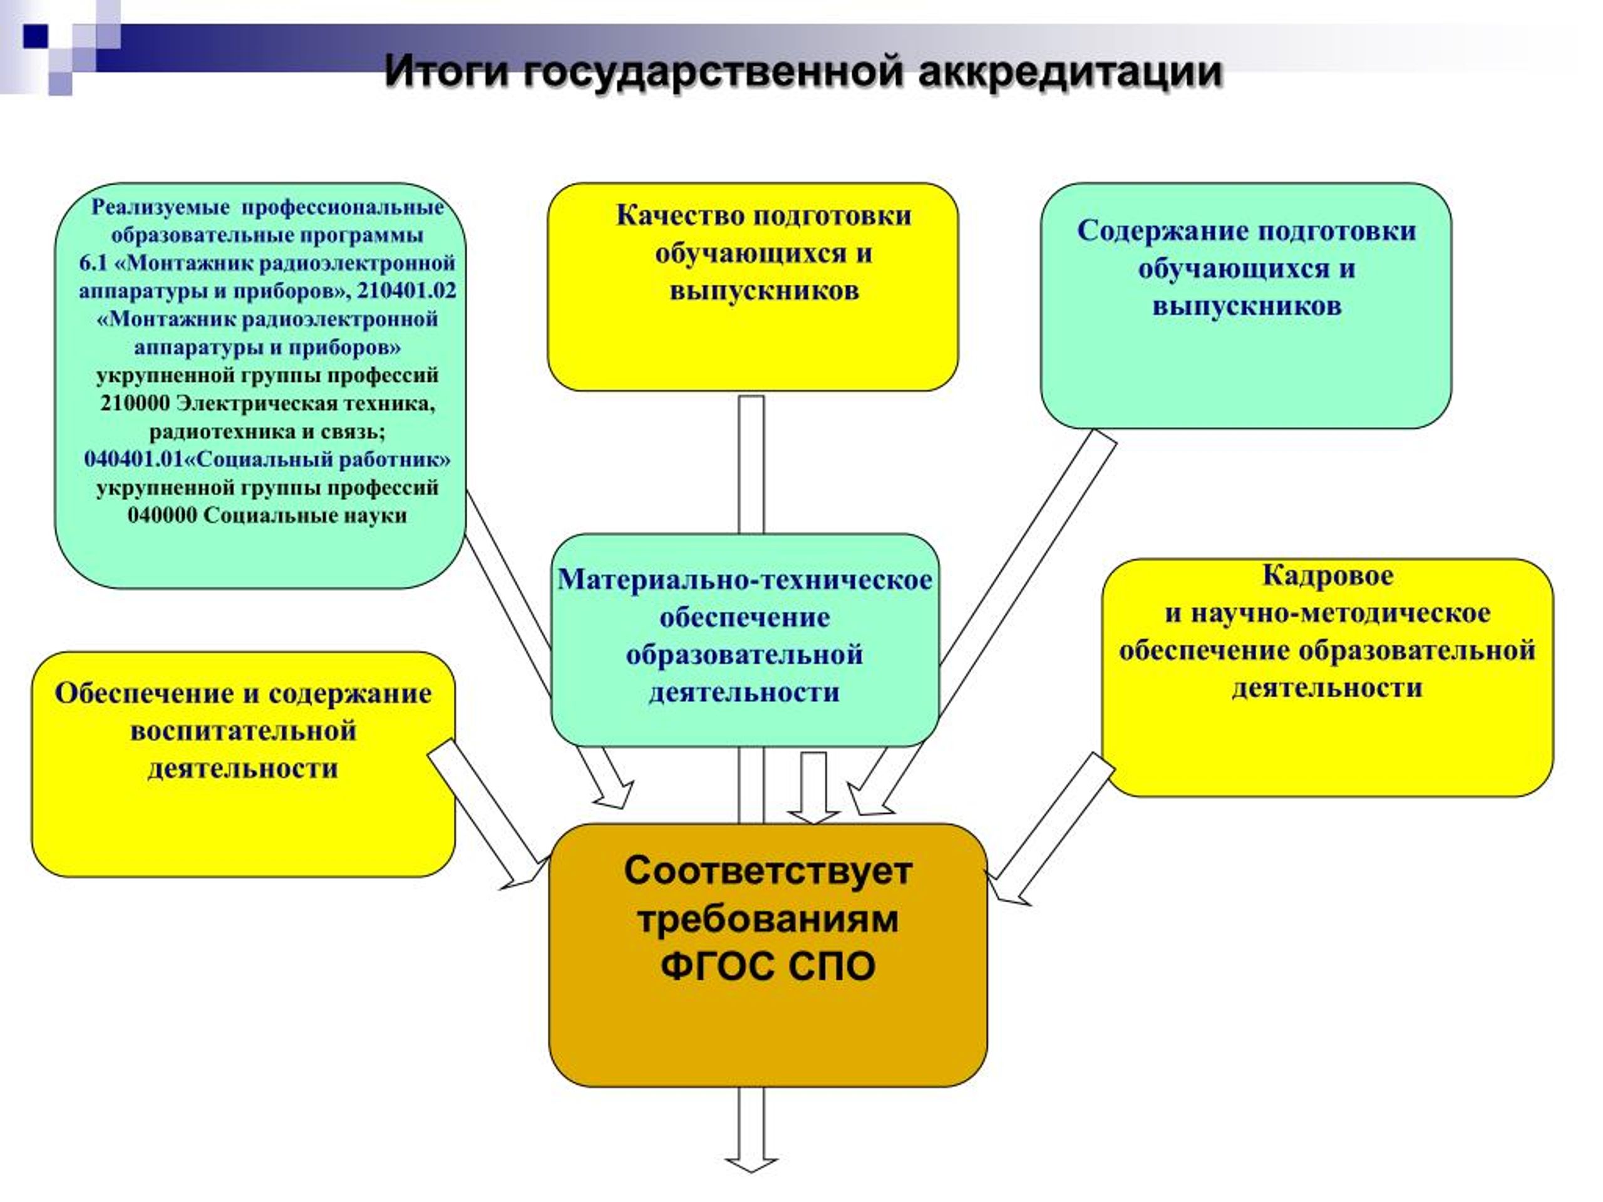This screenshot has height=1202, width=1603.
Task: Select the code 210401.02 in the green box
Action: (x=406, y=290)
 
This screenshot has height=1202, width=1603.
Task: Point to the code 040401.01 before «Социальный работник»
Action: (x=134, y=460)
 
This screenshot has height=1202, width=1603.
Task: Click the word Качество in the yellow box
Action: (x=679, y=216)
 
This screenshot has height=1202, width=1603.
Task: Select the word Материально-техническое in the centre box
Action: (x=745, y=580)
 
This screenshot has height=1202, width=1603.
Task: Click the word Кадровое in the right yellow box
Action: (x=1327, y=576)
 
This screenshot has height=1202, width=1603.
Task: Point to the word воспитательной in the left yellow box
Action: (x=244, y=731)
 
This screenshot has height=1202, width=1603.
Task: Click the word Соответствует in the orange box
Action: (x=768, y=871)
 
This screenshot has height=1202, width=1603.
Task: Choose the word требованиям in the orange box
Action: (x=768, y=918)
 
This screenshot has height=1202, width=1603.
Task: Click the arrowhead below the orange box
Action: (x=751, y=1164)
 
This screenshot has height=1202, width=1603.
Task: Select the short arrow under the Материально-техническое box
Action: (x=814, y=788)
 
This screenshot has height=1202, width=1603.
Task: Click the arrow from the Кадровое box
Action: (x=1051, y=830)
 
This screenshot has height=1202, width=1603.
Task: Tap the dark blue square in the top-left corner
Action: (x=36, y=36)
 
